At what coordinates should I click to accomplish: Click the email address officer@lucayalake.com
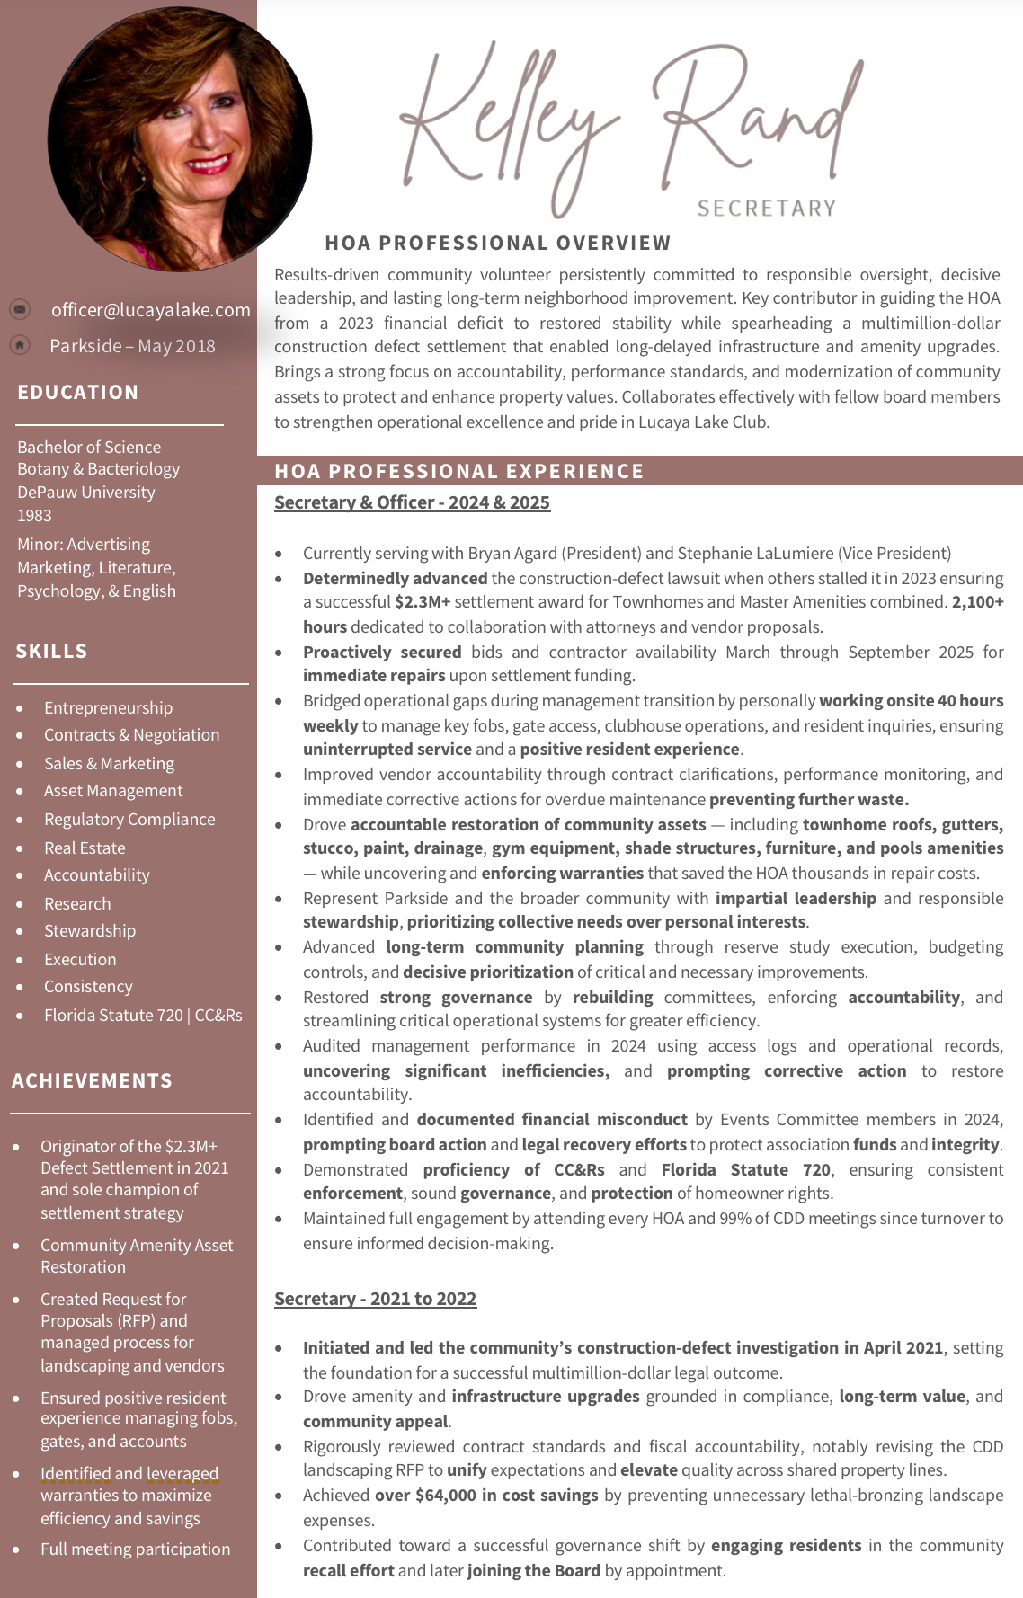(150, 310)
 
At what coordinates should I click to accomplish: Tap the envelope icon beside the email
(20, 310)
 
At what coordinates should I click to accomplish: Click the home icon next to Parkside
(20, 345)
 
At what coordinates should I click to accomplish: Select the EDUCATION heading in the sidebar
(78, 392)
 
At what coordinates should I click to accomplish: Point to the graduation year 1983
(34, 515)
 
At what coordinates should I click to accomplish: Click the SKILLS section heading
(51, 651)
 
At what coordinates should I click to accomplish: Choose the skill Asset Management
(113, 791)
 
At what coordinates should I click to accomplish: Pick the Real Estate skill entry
(85, 848)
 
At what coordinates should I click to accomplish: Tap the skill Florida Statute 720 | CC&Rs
(143, 1015)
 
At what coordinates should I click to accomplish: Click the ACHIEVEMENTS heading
(92, 1080)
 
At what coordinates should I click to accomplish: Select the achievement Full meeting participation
(135, 1549)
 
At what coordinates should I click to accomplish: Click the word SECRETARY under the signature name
(767, 209)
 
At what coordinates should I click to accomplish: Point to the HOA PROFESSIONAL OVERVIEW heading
(498, 243)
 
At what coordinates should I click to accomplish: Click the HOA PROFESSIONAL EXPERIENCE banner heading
(459, 471)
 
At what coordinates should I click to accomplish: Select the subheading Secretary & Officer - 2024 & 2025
(412, 502)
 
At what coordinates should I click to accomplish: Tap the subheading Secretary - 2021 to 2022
(375, 1299)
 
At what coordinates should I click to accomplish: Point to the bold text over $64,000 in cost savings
(486, 1495)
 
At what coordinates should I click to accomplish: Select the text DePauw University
(86, 492)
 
